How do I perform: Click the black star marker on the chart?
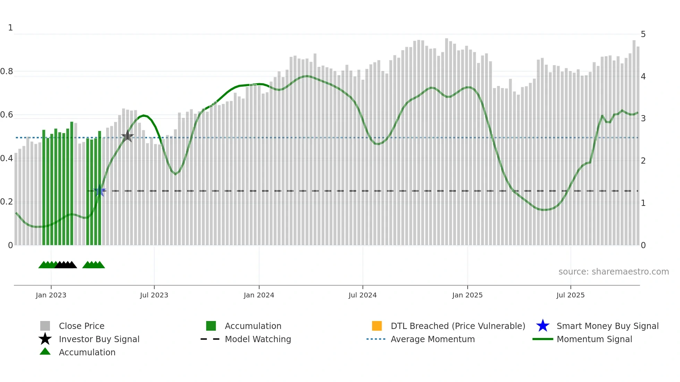[127, 136]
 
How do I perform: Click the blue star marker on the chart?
[100, 191]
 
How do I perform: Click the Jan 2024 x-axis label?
[259, 295]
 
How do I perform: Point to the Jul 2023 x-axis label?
[154, 295]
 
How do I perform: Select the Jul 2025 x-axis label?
[570, 295]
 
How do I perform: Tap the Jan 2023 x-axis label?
[51, 295]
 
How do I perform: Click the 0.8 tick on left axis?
[7, 71]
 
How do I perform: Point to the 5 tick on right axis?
[643, 34]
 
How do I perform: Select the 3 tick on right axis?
[643, 118]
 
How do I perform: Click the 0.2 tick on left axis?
[7, 202]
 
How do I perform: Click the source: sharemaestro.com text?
[613, 271]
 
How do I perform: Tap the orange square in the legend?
[377, 326]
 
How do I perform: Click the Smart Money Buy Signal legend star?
[543, 326]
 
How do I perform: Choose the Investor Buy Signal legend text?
[99, 339]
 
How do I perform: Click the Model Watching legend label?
[258, 339]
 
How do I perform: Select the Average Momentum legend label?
[433, 339]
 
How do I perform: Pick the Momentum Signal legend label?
[594, 339]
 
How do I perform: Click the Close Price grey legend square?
[45, 326]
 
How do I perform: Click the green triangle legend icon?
[45, 351]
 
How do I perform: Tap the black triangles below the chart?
[66, 265]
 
